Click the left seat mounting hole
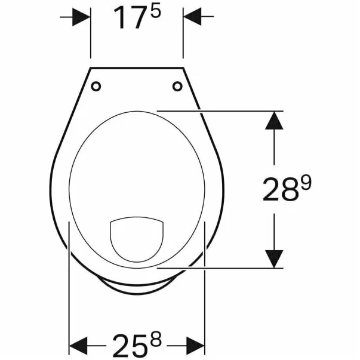(96, 87)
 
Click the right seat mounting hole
(177, 87)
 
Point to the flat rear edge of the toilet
(137, 67)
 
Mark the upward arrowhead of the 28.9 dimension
(274, 121)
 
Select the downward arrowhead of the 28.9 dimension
(274, 258)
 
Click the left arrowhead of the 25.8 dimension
(79, 344)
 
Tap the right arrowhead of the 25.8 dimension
(196, 344)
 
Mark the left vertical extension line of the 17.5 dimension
(91, 36)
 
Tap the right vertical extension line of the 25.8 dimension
(205, 287)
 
